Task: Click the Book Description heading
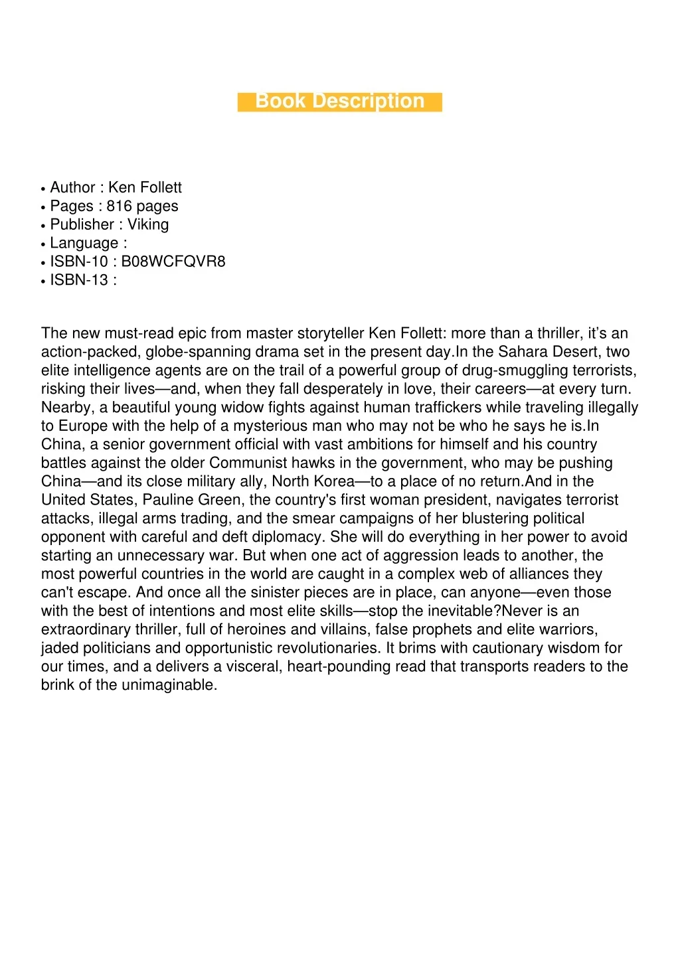339,102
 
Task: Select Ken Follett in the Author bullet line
145,188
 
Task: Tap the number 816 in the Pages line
119,206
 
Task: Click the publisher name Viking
148,224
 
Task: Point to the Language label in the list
84,244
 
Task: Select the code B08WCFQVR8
173,262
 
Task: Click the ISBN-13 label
78,280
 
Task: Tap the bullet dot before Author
43,189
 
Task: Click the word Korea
332,481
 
